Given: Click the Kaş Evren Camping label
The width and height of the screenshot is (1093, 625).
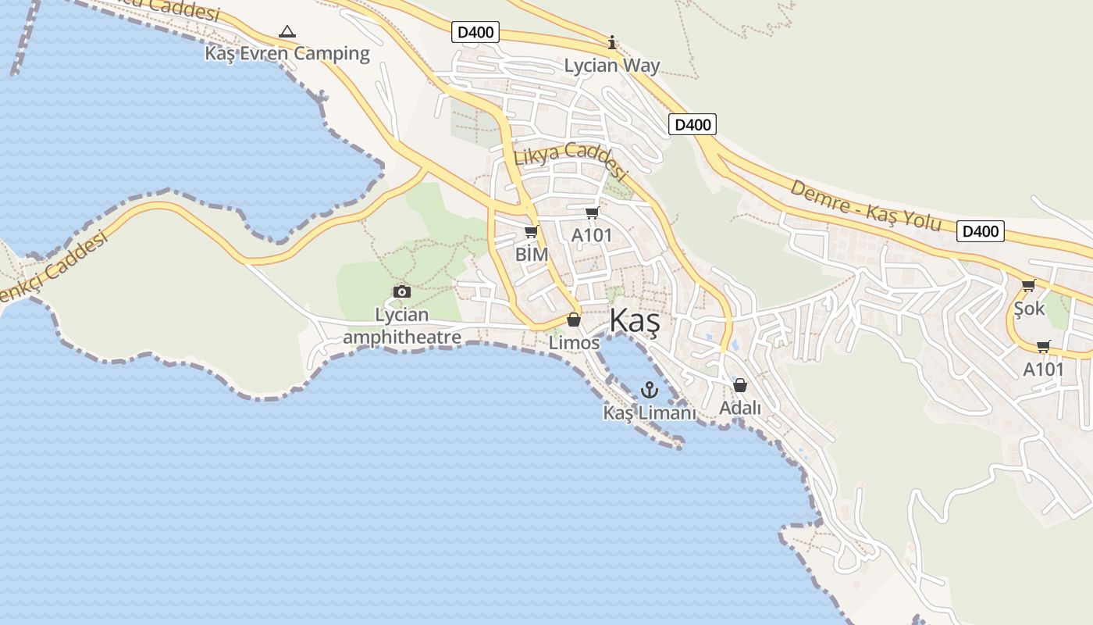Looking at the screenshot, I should [287, 53].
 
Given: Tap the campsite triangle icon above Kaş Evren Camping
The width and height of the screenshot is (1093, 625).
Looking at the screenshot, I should [287, 32].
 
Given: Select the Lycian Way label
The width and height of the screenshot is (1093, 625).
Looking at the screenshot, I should [612, 66].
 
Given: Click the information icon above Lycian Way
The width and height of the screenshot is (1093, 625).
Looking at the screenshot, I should [612, 42].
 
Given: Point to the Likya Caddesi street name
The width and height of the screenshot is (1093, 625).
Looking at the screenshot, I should [571, 162].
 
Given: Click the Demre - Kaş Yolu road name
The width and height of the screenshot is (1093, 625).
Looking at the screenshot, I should [866, 205].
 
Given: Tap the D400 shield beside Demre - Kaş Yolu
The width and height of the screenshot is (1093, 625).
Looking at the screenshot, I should [980, 231].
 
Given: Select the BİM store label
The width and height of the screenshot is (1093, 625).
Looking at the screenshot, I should [532, 255].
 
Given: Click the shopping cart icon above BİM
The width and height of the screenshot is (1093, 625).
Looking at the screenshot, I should [532, 232].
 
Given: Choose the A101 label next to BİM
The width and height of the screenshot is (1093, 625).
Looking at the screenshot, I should [592, 235].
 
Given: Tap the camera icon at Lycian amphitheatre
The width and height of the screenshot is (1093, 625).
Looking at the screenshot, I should [402, 291].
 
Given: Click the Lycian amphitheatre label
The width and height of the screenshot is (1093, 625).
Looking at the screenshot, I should [402, 326].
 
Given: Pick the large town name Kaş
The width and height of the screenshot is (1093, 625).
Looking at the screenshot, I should [635, 320].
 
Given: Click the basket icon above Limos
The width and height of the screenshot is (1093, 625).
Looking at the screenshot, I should [574, 320].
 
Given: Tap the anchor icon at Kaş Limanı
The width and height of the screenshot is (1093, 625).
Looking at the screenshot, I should [649, 389].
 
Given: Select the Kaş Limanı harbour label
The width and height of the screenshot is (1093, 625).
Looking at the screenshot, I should [649, 412].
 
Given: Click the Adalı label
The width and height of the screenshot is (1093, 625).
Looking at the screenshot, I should [740, 408].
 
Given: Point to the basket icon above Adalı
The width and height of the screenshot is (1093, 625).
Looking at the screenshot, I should [740, 385].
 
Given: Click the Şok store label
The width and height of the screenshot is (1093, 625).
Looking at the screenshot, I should [1029, 309].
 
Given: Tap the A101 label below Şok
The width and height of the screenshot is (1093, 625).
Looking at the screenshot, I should [1044, 370].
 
